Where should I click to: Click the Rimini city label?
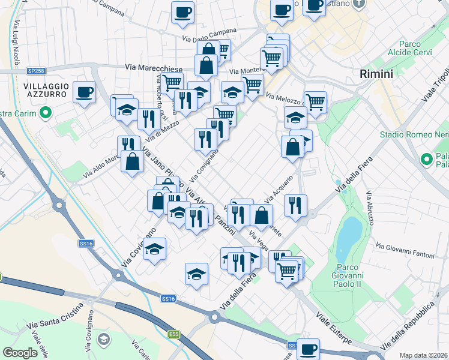click(376, 74)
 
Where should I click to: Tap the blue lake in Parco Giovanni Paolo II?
click(347, 236)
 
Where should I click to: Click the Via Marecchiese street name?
click(149, 68)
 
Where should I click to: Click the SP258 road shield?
click(35, 70)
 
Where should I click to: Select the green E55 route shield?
click(173, 334)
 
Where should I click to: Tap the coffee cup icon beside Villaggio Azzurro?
click(84, 92)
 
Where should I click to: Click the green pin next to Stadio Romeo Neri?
click(427, 159)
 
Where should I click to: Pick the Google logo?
click(20, 353)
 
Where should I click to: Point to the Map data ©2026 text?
click(424, 355)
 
